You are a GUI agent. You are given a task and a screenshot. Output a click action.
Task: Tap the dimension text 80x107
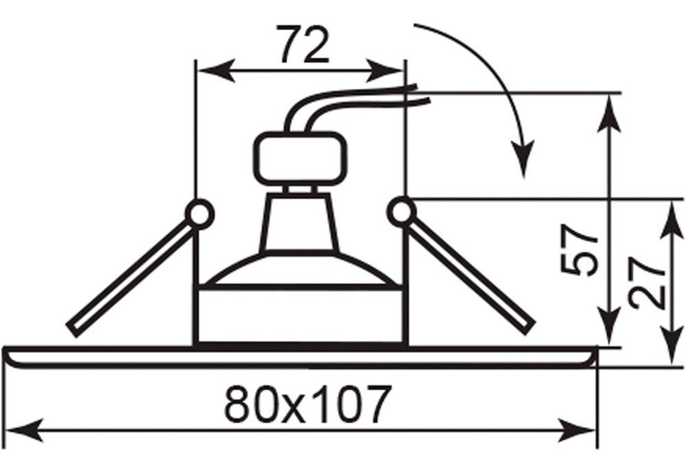click(306, 404)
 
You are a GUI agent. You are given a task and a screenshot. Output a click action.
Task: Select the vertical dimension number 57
click(578, 251)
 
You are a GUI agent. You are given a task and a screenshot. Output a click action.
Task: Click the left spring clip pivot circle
click(199, 214)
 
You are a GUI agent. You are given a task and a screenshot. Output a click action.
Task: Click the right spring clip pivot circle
click(401, 211)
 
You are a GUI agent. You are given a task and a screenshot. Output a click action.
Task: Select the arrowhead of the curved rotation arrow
click(523, 159)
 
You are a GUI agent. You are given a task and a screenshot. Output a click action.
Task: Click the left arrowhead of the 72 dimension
click(216, 70)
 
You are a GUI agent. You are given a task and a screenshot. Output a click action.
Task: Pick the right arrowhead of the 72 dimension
click(384, 70)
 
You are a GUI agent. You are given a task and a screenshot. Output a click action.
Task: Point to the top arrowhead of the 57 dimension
click(609, 114)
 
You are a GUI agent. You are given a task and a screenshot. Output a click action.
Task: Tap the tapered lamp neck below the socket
click(299, 222)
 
